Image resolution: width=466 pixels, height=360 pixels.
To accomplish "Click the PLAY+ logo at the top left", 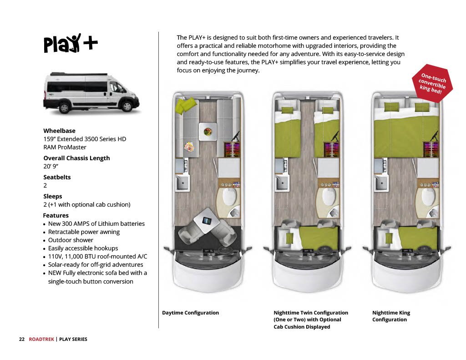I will (x=70, y=43).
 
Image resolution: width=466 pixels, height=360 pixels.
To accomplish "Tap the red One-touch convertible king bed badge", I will (x=432, y=81).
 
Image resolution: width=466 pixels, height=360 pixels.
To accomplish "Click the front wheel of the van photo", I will (x=127, y=106).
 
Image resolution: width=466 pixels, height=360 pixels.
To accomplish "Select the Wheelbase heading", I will (x=59, y=131).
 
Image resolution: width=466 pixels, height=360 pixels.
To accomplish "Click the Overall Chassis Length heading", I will (x=76, y=158).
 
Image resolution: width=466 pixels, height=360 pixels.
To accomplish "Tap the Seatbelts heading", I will (x=57, y=177).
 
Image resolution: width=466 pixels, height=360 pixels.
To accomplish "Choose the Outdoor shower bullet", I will (x=71, y=240).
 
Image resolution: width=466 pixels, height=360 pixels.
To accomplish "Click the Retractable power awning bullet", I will (x=84, y=232).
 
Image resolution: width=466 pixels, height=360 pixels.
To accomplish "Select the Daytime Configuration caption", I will (x=190, y=313).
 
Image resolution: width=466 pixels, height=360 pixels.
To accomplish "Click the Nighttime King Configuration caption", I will (x=391, y=316).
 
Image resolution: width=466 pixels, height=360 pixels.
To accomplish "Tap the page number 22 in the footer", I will (x=21, y=339).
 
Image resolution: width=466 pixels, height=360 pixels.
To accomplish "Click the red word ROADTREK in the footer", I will (x=41, y=339).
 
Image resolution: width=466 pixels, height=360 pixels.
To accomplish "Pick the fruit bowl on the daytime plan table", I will (x=208, y=132).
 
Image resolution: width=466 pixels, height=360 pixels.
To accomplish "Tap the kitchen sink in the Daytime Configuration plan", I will (x=183, y=183).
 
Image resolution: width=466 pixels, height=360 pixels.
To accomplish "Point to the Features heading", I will (x=56, y=215).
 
